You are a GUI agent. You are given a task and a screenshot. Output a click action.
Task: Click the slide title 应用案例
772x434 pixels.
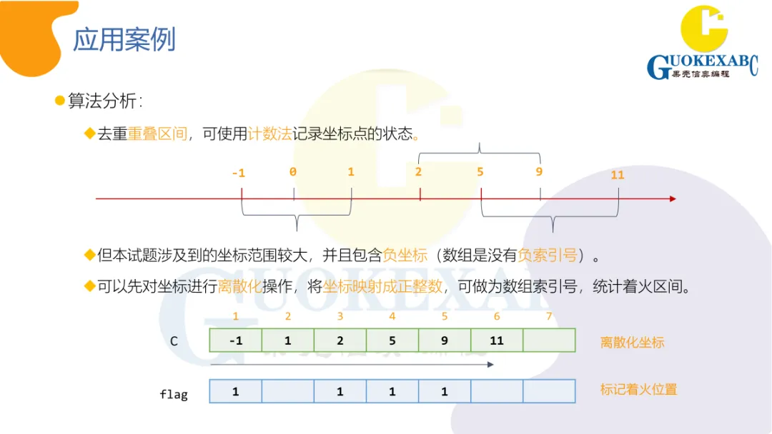(124, 40)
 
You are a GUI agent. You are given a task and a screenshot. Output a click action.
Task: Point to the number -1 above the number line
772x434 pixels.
(239, 173)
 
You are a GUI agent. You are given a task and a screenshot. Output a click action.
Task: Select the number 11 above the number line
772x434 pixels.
(618, 175)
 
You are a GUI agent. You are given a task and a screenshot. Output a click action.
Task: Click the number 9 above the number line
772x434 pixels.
(539, 172)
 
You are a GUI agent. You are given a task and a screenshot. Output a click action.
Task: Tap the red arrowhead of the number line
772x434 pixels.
(672, 198)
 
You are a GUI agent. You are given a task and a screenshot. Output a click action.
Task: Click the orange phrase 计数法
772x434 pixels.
(270, 133)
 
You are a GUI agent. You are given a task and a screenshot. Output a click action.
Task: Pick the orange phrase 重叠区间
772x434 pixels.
(157, 133)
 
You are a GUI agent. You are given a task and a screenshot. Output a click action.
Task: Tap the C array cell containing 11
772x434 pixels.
(497, 340)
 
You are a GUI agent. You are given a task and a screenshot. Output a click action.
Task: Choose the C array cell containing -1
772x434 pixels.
(235, 340)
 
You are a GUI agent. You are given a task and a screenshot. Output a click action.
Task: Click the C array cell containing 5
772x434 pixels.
(392, 340)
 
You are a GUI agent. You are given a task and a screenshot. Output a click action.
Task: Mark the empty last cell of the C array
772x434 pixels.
(549, 340)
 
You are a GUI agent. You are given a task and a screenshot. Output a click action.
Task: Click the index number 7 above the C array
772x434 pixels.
(549, 316)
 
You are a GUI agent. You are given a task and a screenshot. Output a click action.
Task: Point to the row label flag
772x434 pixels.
(174, 393)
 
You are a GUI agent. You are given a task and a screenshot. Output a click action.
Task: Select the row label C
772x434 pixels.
(174, 341)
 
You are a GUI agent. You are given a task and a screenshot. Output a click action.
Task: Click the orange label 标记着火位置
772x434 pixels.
(638, 390)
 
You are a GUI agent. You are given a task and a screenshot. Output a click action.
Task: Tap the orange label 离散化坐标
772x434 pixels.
(632, 343)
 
